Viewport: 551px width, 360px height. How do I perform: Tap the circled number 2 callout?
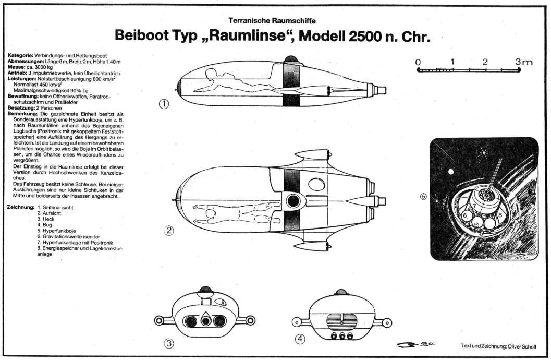coord(169,230)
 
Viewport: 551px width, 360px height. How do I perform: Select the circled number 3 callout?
coord(169,343)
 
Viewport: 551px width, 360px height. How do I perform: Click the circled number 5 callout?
coord(423,197)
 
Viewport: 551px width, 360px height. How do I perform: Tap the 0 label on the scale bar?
coord(418,62)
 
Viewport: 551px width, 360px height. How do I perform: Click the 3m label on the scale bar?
coord(523,62)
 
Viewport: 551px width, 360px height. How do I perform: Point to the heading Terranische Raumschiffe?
coord(272,21)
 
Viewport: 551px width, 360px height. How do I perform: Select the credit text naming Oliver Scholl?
coord(504,346)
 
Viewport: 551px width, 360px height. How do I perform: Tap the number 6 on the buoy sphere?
coord(464,215)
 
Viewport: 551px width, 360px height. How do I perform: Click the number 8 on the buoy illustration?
coord(500,214)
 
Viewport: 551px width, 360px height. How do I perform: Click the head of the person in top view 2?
coord(197,207)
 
